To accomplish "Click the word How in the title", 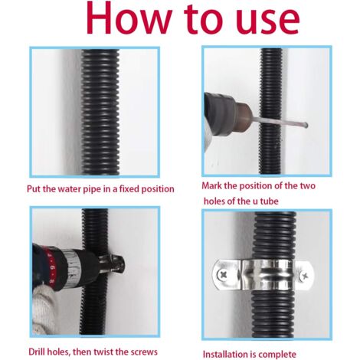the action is click(x=127, y=17).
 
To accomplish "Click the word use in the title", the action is click(x=267, y=21).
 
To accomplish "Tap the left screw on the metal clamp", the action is click(x=221, y=275).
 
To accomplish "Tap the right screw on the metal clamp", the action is click(x=303, y=276).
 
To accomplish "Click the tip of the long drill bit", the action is click(x=306, y=126).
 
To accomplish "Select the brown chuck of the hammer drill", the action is click(x=244, y=118).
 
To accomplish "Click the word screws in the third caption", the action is click(x=144, y=352).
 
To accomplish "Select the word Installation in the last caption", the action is click(x=226, y=354).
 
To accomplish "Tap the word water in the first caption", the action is click(x=69, y=189).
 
